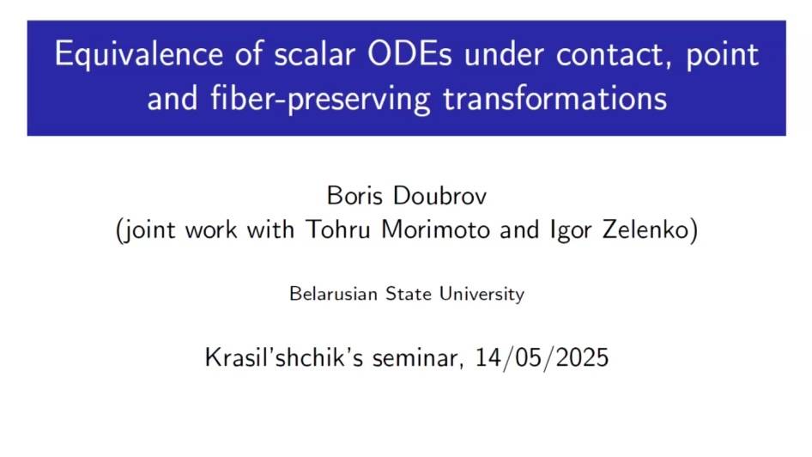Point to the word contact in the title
coord(610,55)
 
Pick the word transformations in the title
coord(555,99)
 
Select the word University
coord(482,295)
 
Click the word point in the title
coord(724,55)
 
